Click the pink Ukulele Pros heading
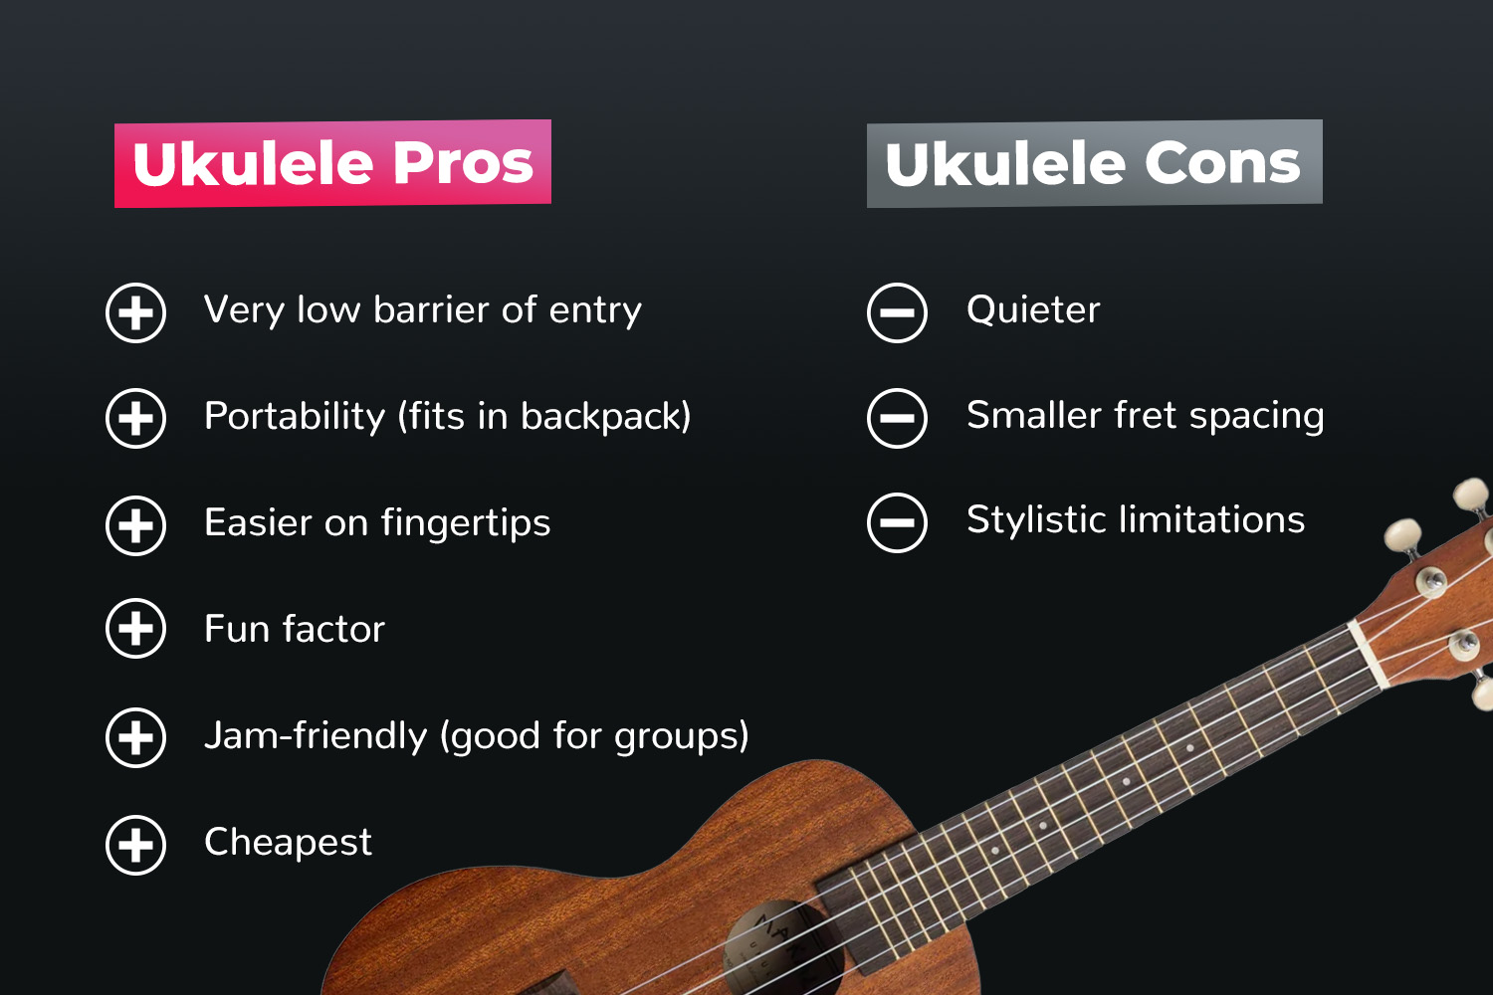(332, 164)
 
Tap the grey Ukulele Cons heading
(1094, 164)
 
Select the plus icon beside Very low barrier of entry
(135, 312)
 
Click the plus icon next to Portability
(135, 418)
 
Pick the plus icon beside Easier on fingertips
(135, 524)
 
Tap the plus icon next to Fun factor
(135, 629)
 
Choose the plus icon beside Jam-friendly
(135, 737)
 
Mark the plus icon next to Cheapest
(135, 845)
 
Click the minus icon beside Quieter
(897, 312)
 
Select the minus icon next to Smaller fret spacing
(897, 418)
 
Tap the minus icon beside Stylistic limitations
(897, 521)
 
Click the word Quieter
(1033, 310)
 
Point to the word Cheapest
(288, 843)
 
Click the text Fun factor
(294, 630)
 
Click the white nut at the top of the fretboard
(1368, 654)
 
